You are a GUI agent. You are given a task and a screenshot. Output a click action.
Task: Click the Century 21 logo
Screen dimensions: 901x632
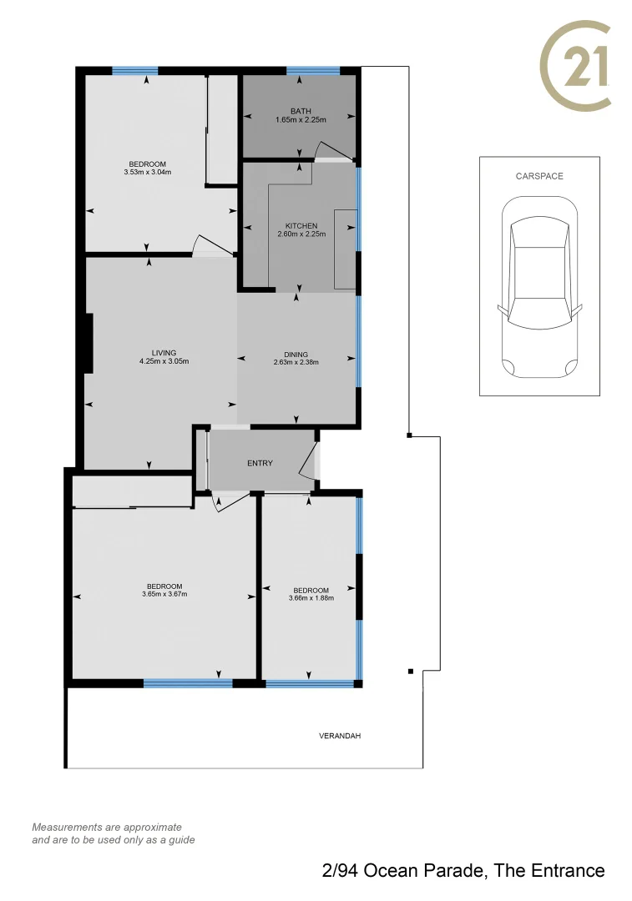click(x=576, y=65)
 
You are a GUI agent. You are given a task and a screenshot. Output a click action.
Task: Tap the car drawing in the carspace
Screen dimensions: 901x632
click(x=539, y=288)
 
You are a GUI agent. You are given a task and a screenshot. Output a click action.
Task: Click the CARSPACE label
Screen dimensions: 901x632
click(x=539, y=176)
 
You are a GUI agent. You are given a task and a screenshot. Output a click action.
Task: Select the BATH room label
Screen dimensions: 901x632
click(x=301, y=111)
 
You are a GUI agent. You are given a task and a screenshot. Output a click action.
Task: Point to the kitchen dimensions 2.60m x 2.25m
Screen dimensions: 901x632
click(x=301, y=234)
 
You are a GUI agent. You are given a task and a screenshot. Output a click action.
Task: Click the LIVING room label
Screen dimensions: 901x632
click(x=164, y=353)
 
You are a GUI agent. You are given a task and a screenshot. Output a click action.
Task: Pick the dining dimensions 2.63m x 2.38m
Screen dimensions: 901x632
click(x=296, y=362)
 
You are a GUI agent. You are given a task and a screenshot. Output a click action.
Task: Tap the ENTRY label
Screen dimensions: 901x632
click(x=260, y=463)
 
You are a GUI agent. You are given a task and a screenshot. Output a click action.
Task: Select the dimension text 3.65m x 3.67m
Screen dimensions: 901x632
click(x=164, y=594)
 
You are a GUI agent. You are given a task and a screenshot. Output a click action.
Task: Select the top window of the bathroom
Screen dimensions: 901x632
click(x=313, y=70)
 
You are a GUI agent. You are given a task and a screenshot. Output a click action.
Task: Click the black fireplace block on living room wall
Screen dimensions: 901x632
click(x=88, y=343)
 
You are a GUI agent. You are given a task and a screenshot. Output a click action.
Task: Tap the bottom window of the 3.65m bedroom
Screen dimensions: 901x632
click(x=187, y=683)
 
